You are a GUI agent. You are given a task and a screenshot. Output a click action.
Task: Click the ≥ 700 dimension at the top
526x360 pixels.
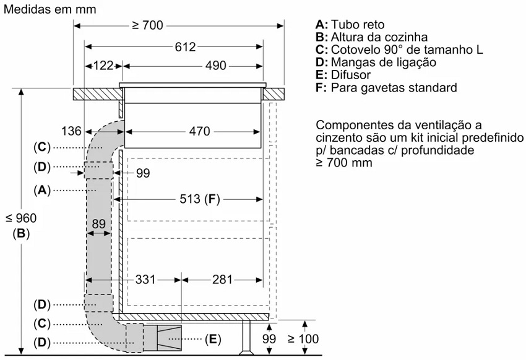(x=147, y=25)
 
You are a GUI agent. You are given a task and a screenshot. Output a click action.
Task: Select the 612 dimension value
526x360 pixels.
(x=185, y=47)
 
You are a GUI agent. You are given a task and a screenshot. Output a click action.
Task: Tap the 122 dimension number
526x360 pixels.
(x=103, y=66)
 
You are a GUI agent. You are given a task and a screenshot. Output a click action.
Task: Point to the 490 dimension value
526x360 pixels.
(x=216, y=66)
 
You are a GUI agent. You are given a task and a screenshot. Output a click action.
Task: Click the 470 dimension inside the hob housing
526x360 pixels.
(x=200, y=131)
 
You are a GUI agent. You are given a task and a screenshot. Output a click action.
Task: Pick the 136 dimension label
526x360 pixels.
(x=71, y=131)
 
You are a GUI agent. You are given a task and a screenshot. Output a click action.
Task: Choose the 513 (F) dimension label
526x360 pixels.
(x=200, y=199)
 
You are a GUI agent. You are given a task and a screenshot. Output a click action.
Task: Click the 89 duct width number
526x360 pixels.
(x=98, y=223)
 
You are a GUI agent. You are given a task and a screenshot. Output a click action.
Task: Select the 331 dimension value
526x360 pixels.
(x=145, y=279)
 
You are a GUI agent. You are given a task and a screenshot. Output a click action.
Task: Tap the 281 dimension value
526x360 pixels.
(x=222, y=279)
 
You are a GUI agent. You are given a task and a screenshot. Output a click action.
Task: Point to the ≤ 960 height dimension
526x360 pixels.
(x=21, y=218)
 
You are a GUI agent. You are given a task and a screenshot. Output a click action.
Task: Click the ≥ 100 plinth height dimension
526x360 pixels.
(x=303, y=339)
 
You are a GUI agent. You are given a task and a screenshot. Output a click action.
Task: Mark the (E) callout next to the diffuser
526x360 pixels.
(x=213, y=339)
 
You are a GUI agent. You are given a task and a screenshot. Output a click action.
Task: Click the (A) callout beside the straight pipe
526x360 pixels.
(x=42, y=191)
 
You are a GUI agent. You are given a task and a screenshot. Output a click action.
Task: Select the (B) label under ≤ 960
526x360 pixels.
(x=21, y=234)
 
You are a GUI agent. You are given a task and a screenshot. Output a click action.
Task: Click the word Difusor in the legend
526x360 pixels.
(x=350, y=75)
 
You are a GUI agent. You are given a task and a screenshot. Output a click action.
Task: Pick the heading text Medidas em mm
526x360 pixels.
(x=50, y=9)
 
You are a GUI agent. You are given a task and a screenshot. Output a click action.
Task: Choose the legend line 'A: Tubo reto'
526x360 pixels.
(x=350, y=25)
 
